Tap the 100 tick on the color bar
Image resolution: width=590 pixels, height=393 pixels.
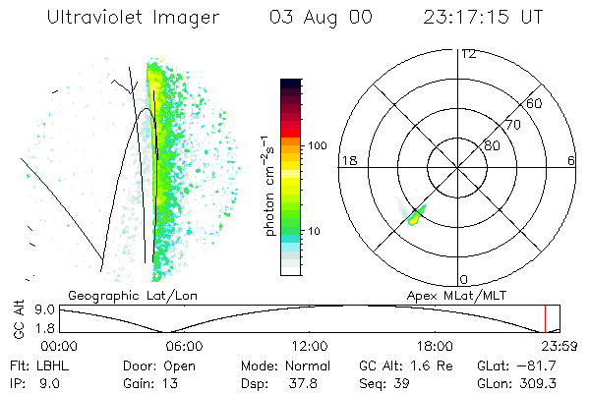coord(317,145)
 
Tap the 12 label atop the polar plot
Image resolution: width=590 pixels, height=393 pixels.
coord(468,54)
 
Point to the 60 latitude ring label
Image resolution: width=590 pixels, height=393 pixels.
coord(535,103)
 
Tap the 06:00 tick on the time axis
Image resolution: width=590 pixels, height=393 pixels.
coord(184,346)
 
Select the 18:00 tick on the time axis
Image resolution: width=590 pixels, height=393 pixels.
coord(434,346)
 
